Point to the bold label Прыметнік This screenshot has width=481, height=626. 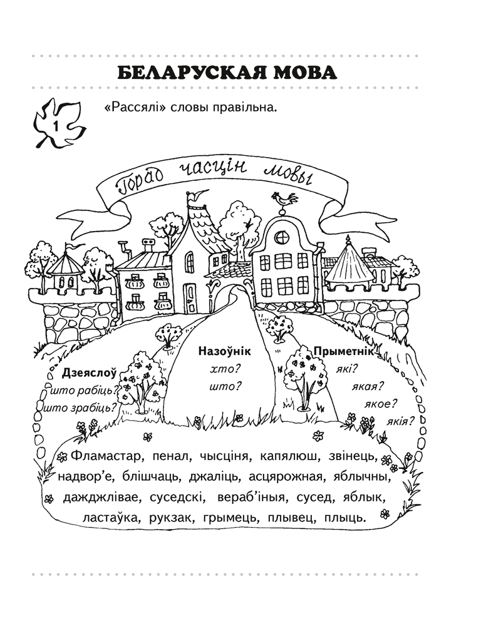click(x=345, y=352)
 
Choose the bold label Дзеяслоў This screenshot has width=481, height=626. click(x=90, y=374)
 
